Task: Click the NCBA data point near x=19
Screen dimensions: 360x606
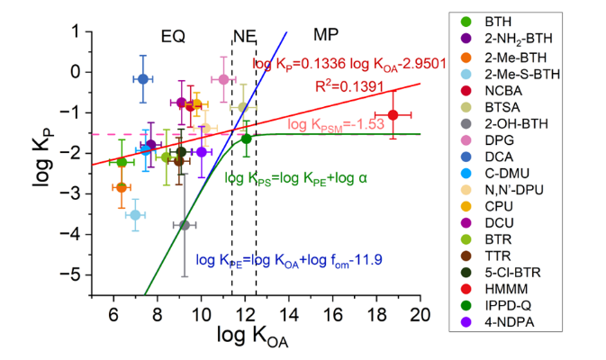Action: pyautogui.click(x=393, y=114)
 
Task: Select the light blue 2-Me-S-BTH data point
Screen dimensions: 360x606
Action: pyautogui.click(x=135, y=214)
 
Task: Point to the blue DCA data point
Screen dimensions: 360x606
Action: pyautogui.click(x=142, y=79)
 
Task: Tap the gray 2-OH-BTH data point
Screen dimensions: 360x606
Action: pyautogui.click(x=185, y=225)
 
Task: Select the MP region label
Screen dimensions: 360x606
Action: pyautogui.click(x=326, y=34)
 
